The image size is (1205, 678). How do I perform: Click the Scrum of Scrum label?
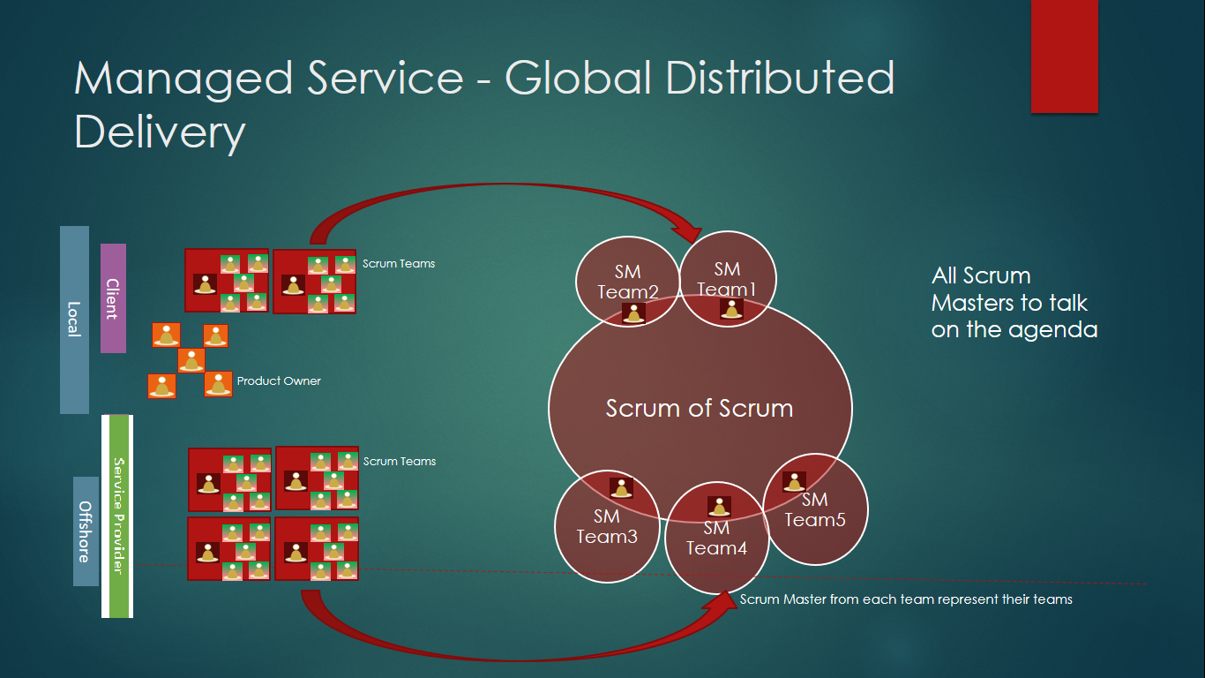(699, 409)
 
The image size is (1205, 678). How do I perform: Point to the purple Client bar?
(113, 298)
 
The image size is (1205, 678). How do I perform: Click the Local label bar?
(74, 320)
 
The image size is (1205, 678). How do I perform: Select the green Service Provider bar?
(117, 516)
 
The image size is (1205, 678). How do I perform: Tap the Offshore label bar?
(86, 531)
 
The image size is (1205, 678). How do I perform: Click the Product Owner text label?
(279, 381)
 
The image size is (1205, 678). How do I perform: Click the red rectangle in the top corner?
(1064, 56)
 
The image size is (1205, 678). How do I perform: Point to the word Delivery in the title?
(159, 132)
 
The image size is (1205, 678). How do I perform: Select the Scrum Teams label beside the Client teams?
(399, 264)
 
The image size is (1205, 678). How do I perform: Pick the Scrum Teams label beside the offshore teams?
(400, 462)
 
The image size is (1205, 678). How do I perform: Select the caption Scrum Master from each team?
(906, 599)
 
